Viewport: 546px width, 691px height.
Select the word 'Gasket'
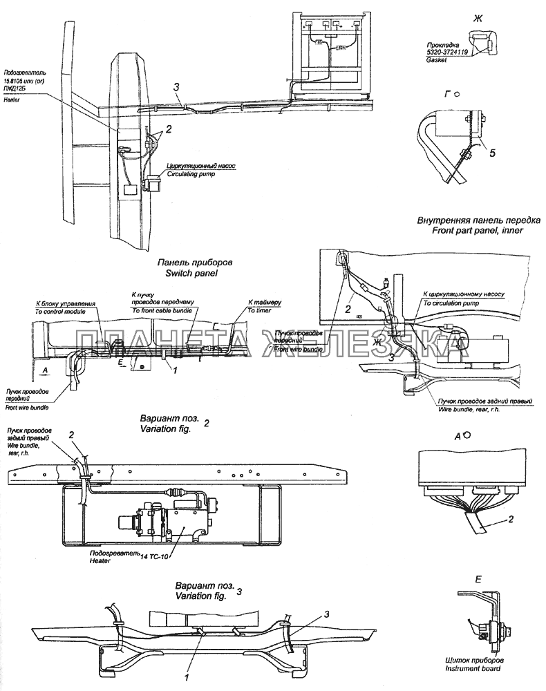pos(437,60)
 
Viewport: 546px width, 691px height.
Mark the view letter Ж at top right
pos(476,17)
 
